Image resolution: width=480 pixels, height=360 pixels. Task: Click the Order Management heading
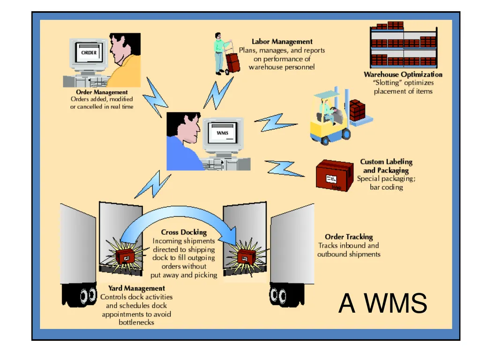click(102, 92)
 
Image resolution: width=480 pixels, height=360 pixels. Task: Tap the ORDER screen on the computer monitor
click(89, 52)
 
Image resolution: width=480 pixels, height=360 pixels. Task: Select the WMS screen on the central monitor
click(223, 133)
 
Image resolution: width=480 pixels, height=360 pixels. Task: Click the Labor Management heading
click(282, 41)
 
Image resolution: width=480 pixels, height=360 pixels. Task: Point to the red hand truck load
click(233, 62)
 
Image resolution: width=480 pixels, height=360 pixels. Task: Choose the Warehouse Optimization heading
click(403, 75)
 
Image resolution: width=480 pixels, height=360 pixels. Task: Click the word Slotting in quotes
click(387, 82)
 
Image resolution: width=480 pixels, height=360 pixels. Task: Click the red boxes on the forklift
click(357, 110)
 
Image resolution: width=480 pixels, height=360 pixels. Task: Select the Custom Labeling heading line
click(386, 162)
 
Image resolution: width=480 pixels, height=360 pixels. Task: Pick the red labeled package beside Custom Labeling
click(334, 176)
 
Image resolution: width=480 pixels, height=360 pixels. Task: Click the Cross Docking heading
click(184, 232)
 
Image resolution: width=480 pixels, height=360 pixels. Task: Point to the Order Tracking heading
click(349, 237)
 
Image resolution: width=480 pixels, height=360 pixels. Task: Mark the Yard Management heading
click(136, 288)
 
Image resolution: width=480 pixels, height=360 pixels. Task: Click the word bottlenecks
click(136, 322)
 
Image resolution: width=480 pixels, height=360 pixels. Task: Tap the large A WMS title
click(382, 303)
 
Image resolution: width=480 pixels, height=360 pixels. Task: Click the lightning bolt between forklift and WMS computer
click(275, 123)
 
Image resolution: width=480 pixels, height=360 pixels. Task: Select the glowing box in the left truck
click(125, 256)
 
